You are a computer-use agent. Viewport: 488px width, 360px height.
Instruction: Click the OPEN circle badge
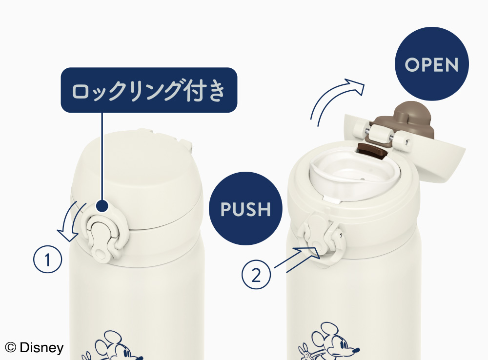pos(432,64)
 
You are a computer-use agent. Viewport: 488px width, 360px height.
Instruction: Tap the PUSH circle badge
pos(245,208)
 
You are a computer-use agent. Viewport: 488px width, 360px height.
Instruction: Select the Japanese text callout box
pos(149,90)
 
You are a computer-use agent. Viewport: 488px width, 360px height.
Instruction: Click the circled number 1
pos(48,259)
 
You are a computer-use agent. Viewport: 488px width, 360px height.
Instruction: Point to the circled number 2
pos(256,275)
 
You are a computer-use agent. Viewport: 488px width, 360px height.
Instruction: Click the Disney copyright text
pos(34,347)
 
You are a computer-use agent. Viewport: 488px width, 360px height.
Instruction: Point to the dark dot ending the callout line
pos(102,206)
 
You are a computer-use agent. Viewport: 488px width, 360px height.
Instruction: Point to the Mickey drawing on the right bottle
pos(329,342)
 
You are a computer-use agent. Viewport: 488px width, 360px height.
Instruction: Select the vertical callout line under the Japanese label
pos(102,157)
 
